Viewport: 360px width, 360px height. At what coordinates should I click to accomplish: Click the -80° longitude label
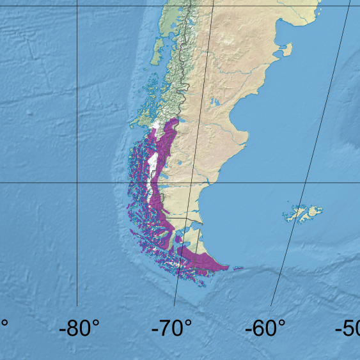(x=79, y=330)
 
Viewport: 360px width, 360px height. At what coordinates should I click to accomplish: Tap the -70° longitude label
(x=171, y=330)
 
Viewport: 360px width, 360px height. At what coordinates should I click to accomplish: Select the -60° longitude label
(x=265, y=330)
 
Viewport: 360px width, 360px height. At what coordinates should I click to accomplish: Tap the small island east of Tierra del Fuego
(x=238, y=269)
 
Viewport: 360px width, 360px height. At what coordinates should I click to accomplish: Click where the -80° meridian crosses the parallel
(x=77, y=182)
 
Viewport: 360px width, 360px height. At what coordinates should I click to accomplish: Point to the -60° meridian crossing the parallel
(x=304, y=182)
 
